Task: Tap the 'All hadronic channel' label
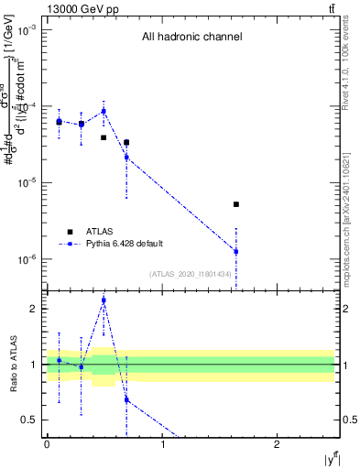tap(191, 38)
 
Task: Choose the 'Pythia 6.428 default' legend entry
tap(124, 243)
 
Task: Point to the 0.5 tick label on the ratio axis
tap(30, 420)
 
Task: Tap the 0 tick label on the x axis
tap(47, 444)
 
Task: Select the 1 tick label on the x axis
tap(162, 444)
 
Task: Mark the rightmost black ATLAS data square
tap(236, 204)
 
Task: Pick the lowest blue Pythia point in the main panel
tap(236, 251)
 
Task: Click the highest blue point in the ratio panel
tap(104, 300)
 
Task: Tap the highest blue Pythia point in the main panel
tap(104, 111)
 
